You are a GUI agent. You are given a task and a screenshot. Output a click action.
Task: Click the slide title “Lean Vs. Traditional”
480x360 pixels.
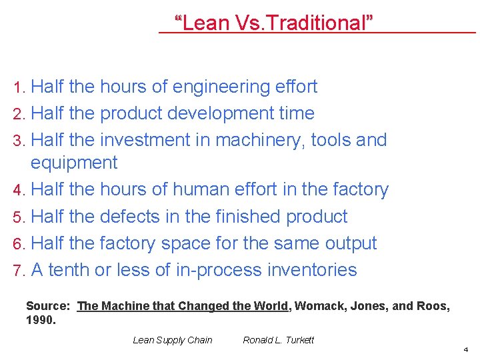[x=273, y=23]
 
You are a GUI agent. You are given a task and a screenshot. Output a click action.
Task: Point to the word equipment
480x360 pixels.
[x=74, y=163]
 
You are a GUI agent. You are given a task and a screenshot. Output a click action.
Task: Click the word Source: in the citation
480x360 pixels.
[x=48, y=306]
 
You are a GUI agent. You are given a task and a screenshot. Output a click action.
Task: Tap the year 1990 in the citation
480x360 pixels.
[x=39, y=320]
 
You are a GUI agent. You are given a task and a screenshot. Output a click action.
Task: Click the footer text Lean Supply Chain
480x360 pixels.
[x=173, y=340]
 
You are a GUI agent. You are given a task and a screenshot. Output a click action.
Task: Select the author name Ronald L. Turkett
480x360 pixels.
[x=278, y=340]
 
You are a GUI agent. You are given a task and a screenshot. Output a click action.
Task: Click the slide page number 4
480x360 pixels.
[x=466, y=349]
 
